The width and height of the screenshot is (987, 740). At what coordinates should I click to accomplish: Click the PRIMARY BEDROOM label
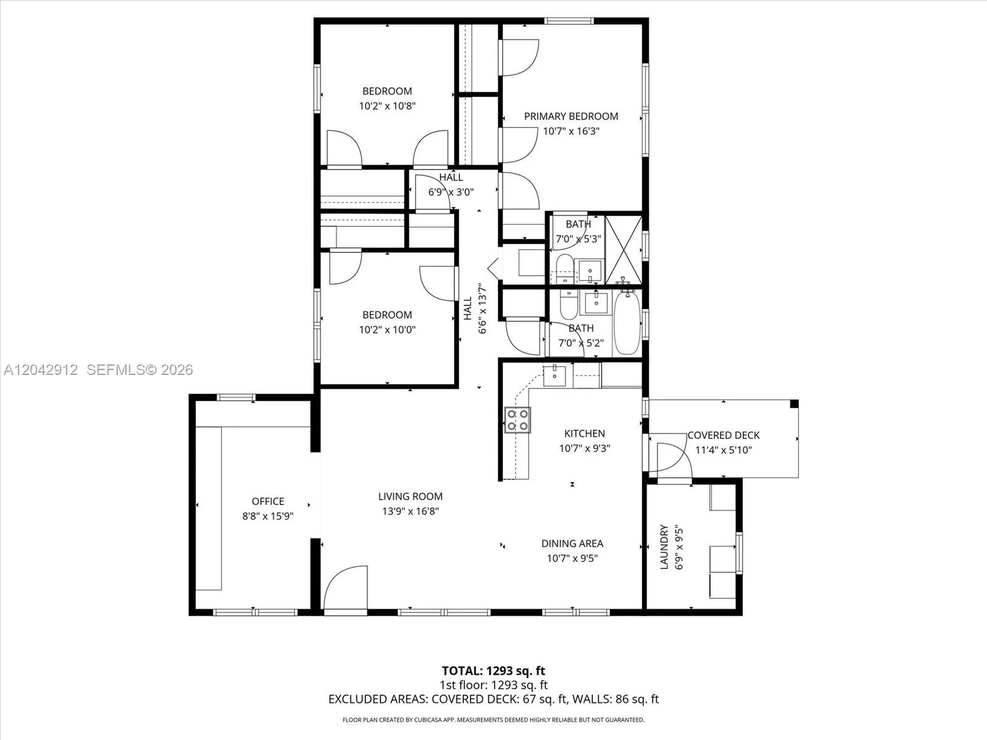pos(571,117)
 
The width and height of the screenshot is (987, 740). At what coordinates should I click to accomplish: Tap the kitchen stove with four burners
pos(517,420)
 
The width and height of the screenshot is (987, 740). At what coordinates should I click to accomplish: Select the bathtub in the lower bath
pos(627,323)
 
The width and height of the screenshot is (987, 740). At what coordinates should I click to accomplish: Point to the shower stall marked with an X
pos(623,250)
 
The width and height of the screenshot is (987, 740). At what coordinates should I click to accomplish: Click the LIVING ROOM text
pos(410,496)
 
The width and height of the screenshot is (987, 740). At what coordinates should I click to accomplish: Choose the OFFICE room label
pos(268,501)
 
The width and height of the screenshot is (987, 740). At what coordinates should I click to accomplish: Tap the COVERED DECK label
pos(724,435)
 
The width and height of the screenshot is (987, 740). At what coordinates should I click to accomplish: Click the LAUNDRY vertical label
pos(664,547)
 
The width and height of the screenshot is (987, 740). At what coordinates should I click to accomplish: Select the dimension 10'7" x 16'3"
pos(571,131)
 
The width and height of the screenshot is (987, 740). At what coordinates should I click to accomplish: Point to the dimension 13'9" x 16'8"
pos(410,511)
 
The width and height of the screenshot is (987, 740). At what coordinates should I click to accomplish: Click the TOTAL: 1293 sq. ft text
pos(493,671)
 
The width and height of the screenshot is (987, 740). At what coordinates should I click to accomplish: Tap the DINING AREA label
pos(572,544)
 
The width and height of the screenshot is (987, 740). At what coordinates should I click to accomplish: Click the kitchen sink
pos(555,376)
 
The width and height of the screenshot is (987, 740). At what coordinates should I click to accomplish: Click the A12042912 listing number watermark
pos(41,370)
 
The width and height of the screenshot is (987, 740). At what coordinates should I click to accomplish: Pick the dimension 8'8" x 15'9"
pos(268,516)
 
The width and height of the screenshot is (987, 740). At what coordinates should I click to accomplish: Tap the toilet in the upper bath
pos(565,269)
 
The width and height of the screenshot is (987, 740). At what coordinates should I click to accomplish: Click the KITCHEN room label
pos(585,434)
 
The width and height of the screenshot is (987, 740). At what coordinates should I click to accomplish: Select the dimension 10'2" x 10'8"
pos(387,106)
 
